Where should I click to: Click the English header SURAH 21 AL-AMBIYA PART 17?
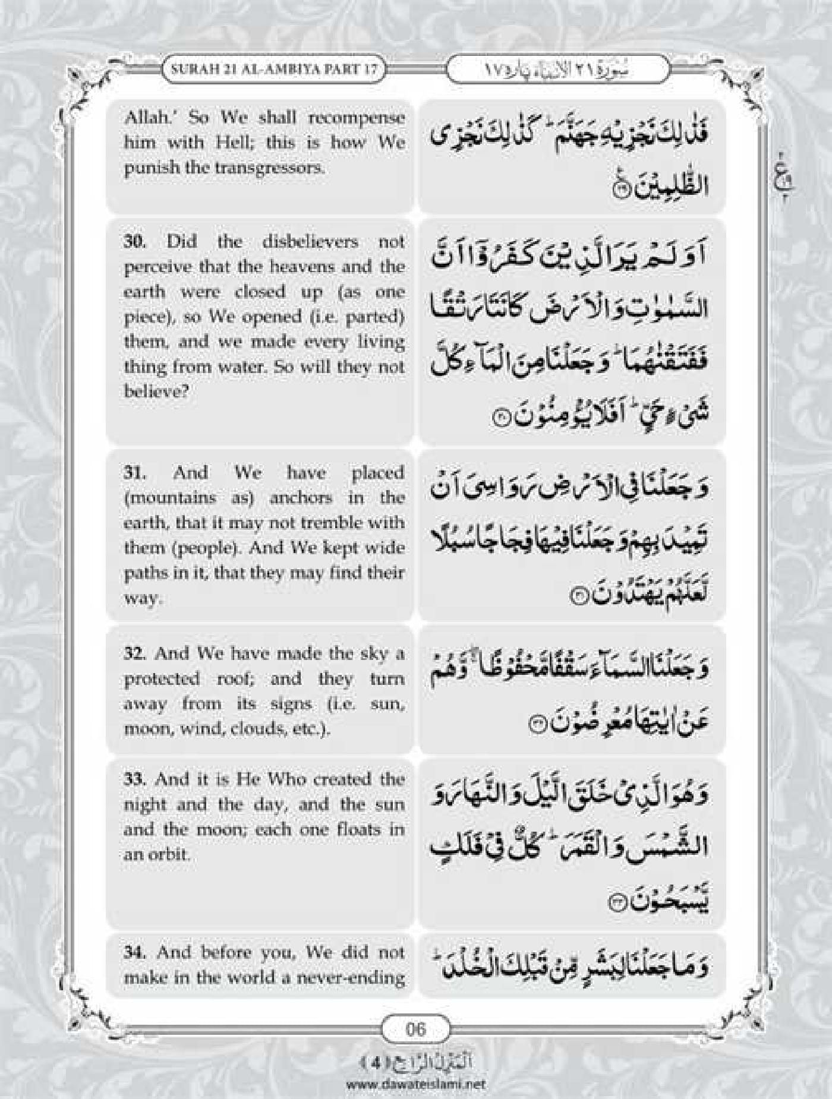coord(274,69)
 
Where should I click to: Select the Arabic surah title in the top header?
coord(557,70)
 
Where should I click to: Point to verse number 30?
coord(134,242)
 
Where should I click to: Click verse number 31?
coord(134,473)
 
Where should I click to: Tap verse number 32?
coord(134,653)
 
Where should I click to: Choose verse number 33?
coord(134,779)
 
